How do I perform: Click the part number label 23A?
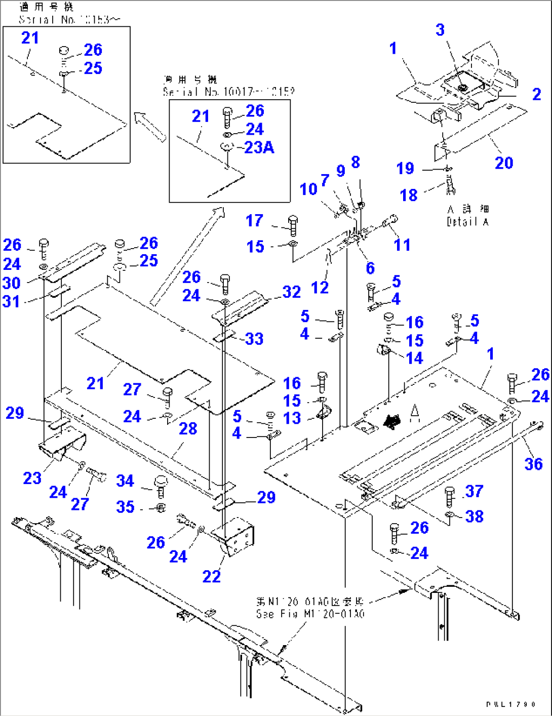[x=259, y=147]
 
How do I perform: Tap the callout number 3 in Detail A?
[x=440, y=30]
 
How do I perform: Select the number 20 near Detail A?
[x=504, y=163]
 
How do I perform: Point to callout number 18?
[x=409, y=195]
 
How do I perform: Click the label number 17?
[x=254, y=220]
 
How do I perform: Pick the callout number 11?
[x=402, y=245]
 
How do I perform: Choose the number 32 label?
[x=292, y=292]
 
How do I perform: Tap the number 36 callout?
[x=533, y=464]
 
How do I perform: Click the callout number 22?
[x=211, y=576]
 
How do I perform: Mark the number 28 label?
[x=188, y=429]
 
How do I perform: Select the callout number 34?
[x=125, y=481]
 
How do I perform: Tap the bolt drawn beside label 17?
[x=293, y=224]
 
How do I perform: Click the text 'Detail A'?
[x=467, y=222]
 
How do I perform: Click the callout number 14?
[x=414, y=358]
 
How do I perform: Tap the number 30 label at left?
[x=12, y=283]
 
